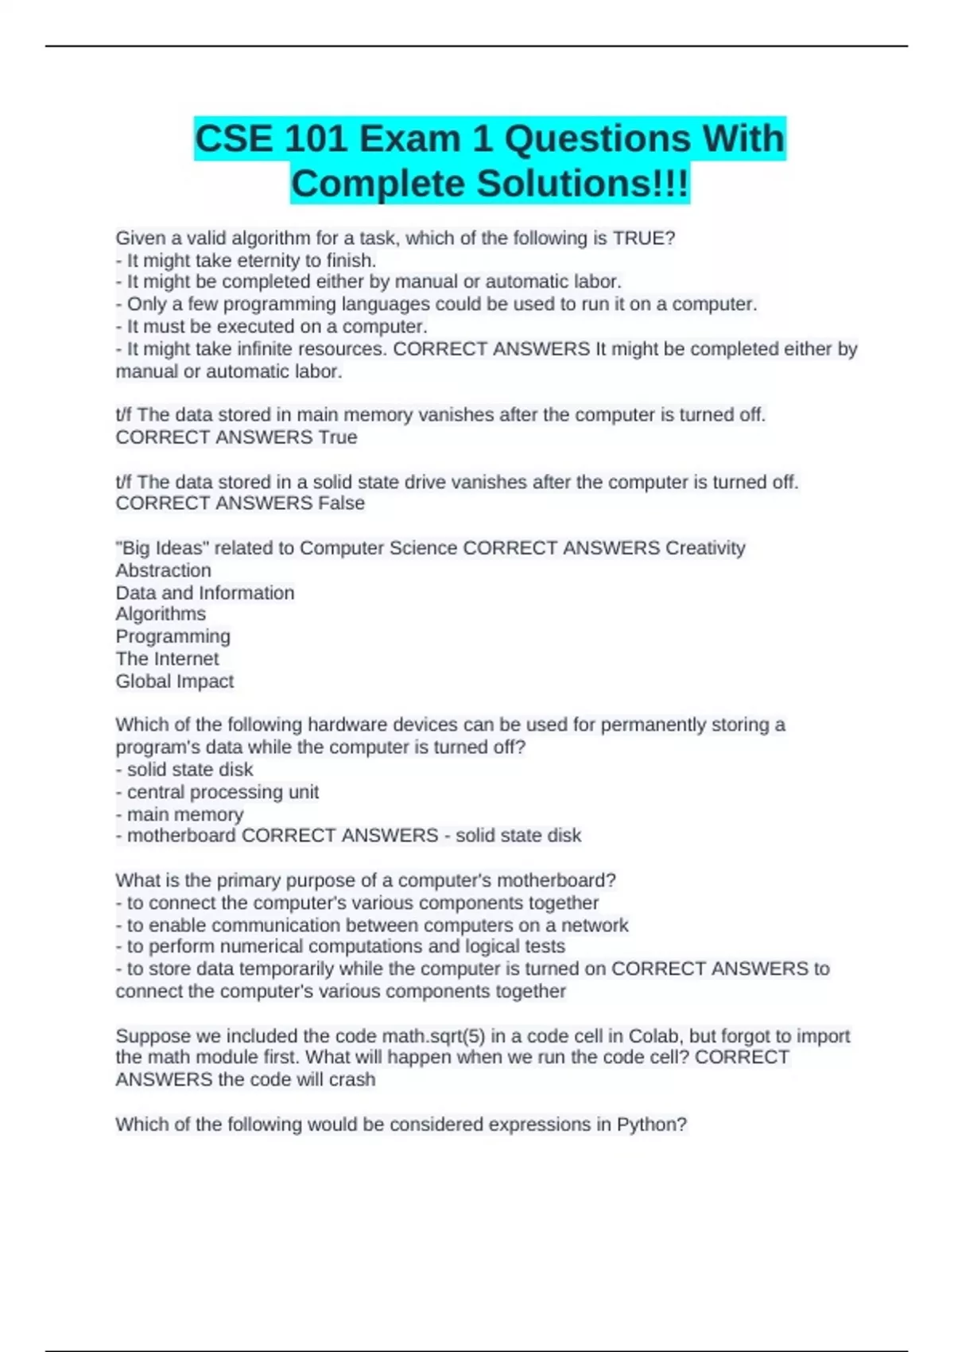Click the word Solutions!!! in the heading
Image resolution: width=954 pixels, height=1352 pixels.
pyautogui.click(x=583, y=184)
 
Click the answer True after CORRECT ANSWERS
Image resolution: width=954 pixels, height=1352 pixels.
pyautogui.click(x=338, y=437)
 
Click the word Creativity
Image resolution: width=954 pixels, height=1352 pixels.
pyautogui.click(x=705, y=548)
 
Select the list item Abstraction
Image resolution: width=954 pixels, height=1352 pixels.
pyautogui.click(x=163, y=570)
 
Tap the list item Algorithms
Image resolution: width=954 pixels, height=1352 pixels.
pyautogui.click(x=161, y=614)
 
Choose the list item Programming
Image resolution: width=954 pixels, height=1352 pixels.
pyautogui.click(x=173, y=636)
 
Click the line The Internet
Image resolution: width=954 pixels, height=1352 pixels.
pyautogui.click(x=167, y=659)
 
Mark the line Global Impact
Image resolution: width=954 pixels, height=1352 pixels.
pyautogui.click(x=174, y=681)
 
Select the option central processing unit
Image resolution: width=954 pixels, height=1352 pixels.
pyautogui.click(x=223, y=791)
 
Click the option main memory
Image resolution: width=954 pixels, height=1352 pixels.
pyautogui.click(x=185, y=814)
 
